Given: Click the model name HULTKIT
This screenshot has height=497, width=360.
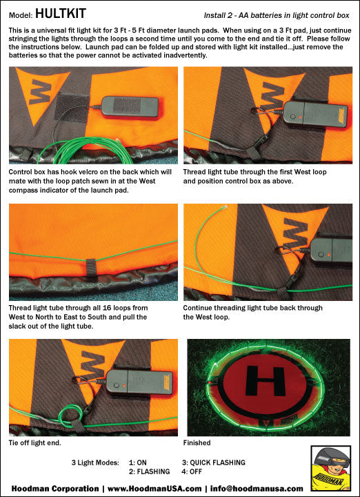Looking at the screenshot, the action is tap(61, 14).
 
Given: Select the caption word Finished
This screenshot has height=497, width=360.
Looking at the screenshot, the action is tap(197, 442).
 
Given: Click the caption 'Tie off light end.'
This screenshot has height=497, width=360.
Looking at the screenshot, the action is tap(35, 442).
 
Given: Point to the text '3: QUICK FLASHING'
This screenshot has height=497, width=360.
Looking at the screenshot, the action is tap(213, 462).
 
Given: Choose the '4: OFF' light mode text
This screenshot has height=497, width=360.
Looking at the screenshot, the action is tap(192, 471).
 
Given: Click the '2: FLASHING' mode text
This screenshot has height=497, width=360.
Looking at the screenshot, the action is tap(150, 471).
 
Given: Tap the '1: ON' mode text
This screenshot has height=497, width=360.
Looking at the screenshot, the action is tap(138, 462).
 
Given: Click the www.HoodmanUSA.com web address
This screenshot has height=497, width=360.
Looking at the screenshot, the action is tap(154, 489).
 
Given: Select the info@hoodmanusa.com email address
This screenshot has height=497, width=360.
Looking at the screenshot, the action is tap(256, 489).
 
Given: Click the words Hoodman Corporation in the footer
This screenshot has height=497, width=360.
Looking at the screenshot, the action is tap(55, 489).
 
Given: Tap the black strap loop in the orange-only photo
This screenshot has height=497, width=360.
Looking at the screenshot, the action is tap(91, 268).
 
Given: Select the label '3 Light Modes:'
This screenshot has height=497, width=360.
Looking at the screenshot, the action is tap(95, 462).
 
